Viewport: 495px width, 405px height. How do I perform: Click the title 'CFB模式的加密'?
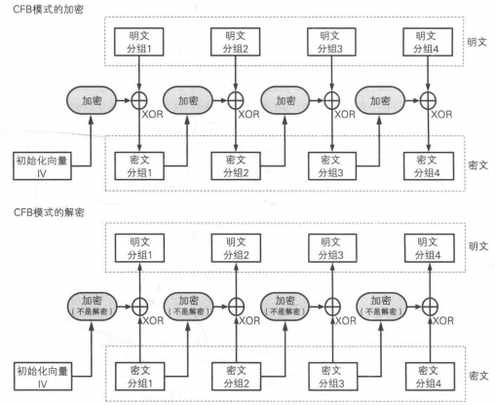(48, 9)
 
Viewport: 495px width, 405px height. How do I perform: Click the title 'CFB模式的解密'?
(49, 212)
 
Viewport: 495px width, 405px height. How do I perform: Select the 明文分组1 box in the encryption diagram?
(138, 42)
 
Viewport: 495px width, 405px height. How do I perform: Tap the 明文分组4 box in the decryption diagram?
(429, 248)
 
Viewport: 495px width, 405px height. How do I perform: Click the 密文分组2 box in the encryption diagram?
(236, 166)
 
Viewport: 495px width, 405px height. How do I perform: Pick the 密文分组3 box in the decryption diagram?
(332, 377)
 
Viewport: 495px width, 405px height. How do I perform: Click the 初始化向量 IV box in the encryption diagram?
(42, 166)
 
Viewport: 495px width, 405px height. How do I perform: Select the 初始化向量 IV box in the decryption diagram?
(43, 377)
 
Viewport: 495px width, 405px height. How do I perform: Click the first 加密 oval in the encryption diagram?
(92, 100)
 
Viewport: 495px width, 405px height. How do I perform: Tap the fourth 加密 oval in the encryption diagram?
(380, 100)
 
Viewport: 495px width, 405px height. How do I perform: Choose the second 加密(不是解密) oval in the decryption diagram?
(188, 306)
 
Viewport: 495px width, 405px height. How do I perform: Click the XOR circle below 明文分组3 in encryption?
(332, 100)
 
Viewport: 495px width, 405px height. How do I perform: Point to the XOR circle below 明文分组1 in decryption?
(140, 307)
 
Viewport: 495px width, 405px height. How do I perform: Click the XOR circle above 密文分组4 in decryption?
(430, 307)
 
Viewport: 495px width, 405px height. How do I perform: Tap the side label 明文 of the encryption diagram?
(476, 42)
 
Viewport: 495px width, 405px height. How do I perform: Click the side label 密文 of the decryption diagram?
(478, 376)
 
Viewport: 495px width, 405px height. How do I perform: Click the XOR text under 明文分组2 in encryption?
(248, 114)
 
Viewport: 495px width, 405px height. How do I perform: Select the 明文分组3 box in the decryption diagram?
(332, 248)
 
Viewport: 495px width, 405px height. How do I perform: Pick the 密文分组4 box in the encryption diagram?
(429, 166)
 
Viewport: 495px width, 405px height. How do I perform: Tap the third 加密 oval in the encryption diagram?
(286, 100)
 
